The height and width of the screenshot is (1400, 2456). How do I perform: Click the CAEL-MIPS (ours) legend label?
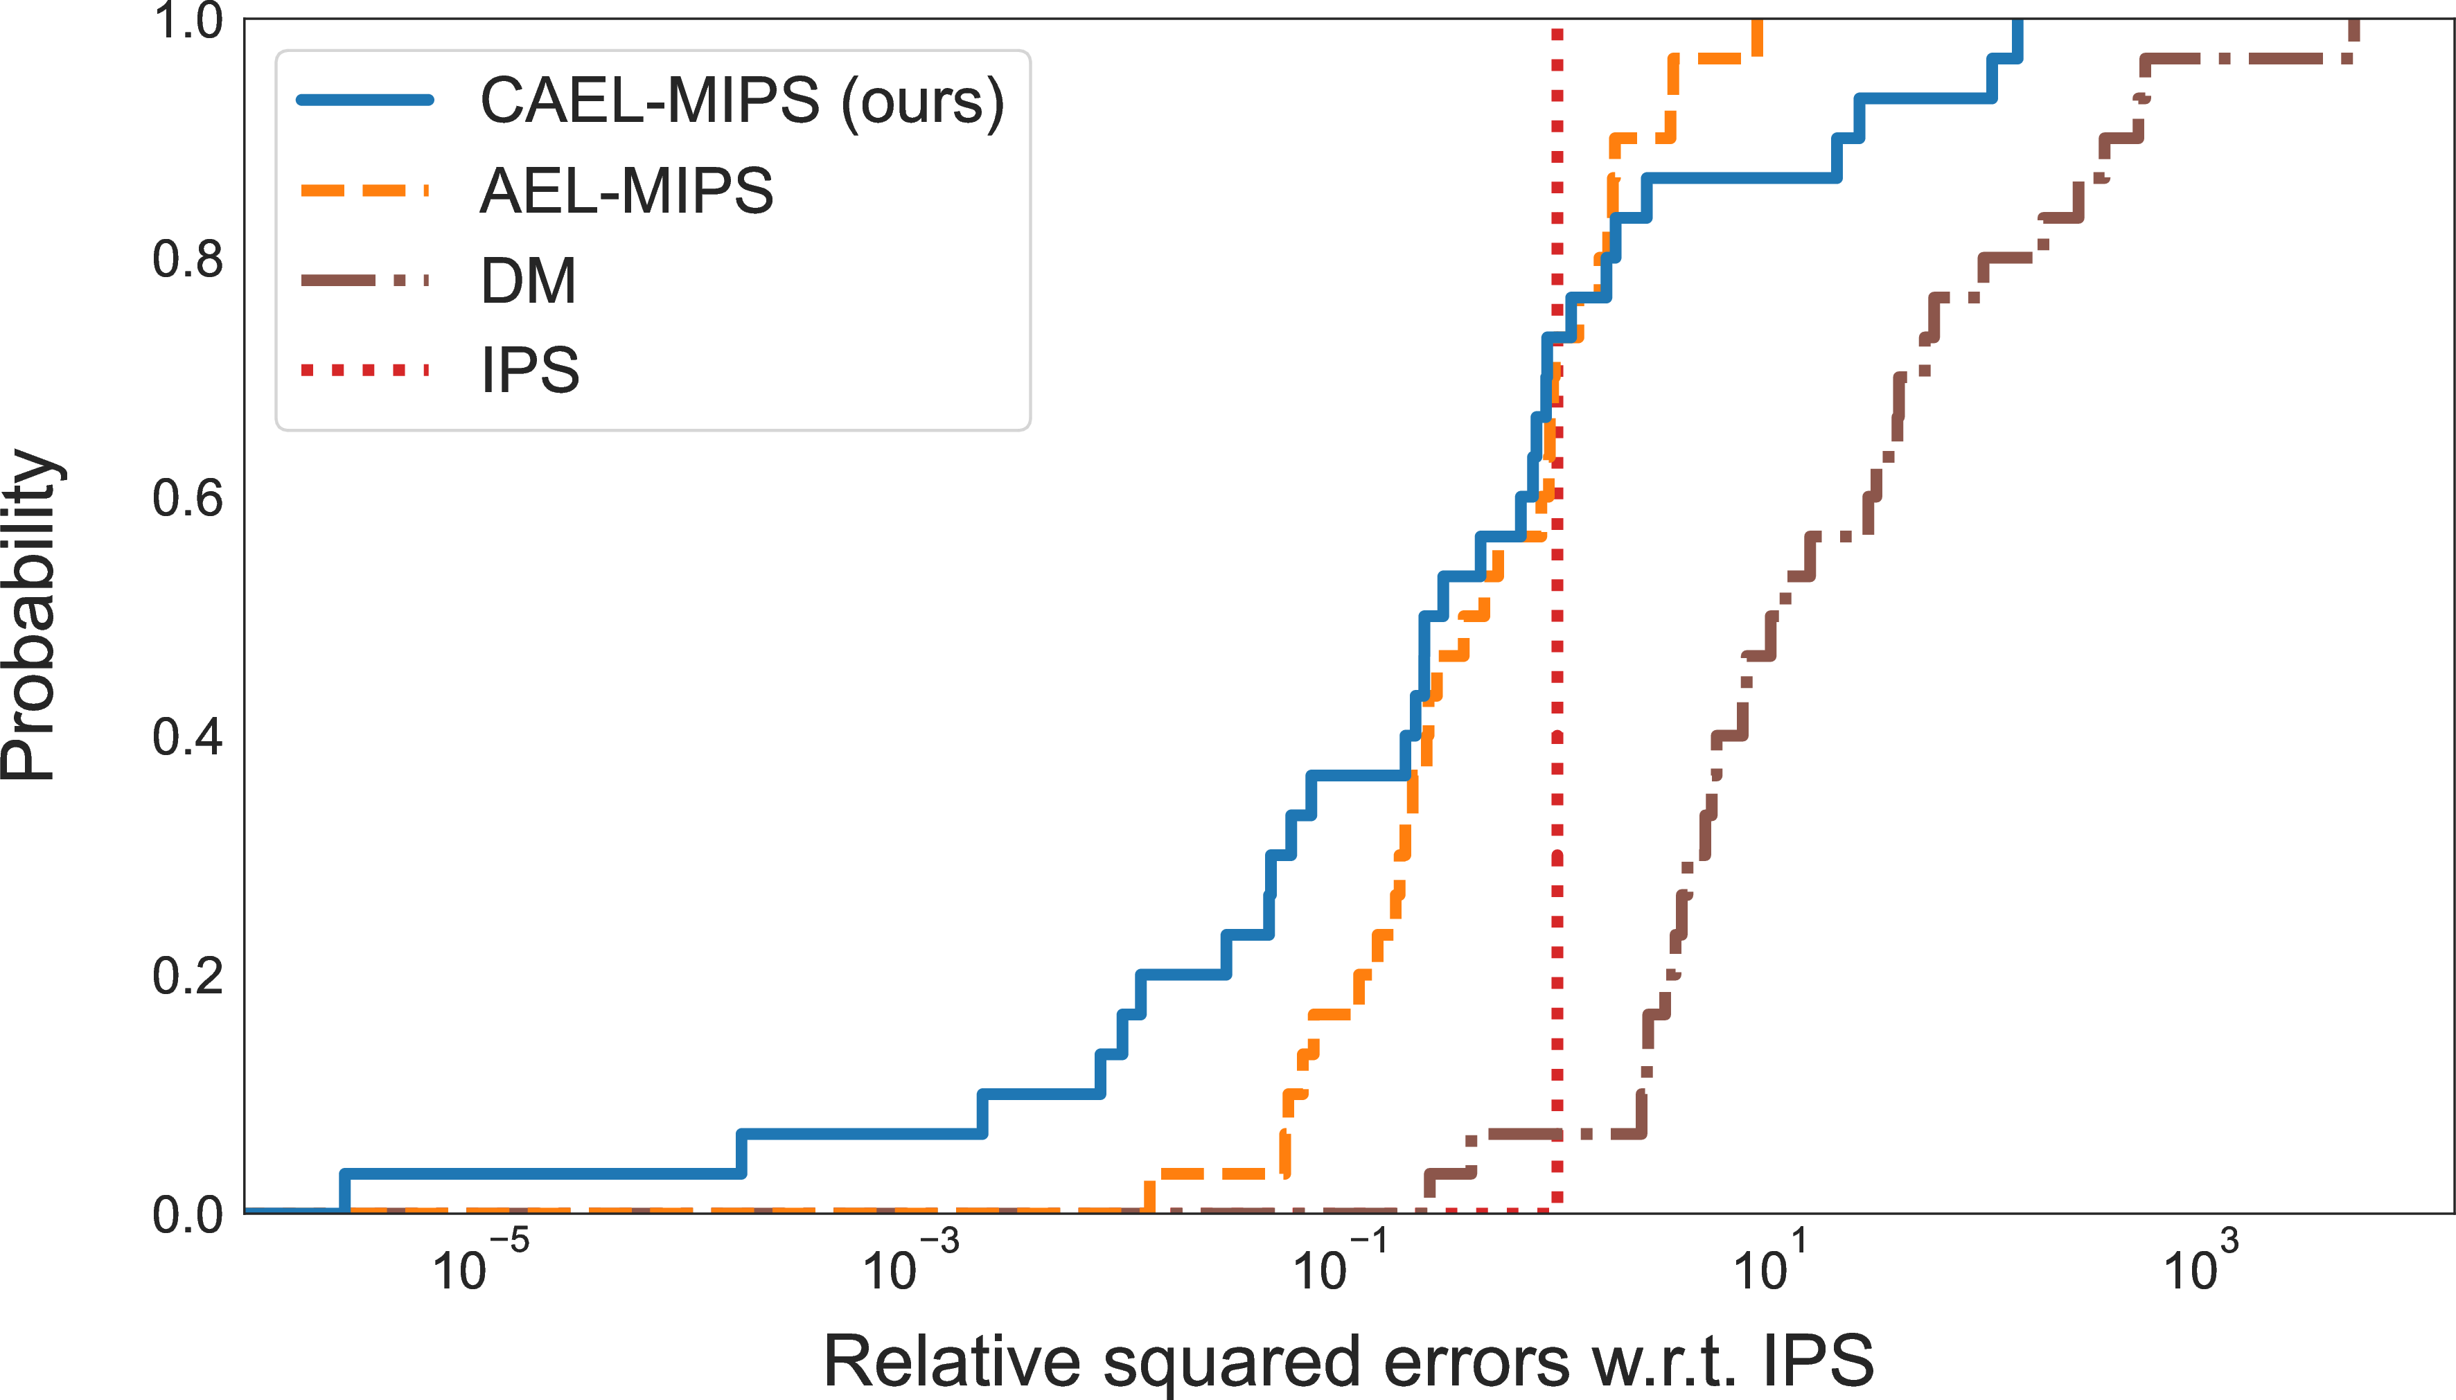click(741, 101)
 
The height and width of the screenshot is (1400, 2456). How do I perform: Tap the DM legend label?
click(528, 281)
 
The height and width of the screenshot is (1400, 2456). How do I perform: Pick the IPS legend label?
click(530, 370)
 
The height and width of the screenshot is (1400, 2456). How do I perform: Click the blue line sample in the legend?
click(365, 100)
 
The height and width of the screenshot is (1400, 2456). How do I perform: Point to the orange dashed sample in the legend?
click(365, 190)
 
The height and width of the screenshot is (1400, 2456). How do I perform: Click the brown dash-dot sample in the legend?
click(365, 281)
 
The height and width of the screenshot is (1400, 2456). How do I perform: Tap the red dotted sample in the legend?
click(365, 370)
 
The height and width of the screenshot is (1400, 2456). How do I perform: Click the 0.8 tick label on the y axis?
click(188, 260)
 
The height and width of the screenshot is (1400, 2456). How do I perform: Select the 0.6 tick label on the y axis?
click(188, 498)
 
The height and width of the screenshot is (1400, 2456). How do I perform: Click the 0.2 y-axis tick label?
click(188, 976)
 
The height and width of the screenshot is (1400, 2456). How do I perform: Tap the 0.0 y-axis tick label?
click(188, 1214)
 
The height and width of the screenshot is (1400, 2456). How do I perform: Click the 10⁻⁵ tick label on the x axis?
click(481, 1264)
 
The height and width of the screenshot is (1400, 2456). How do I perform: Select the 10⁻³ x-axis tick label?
click(910, 1264)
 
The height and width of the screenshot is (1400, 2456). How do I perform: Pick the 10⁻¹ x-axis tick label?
click(1341, 1264)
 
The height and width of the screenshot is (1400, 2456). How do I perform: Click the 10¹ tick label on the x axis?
click(1770, 1264)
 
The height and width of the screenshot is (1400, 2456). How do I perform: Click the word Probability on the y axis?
click(30, 615)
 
